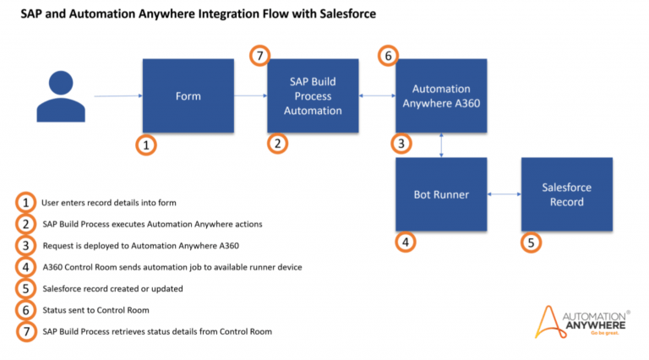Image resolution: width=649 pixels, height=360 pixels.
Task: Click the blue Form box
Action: coord(188,95)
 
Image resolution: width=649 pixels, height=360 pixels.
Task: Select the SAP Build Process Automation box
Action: coord(313,95)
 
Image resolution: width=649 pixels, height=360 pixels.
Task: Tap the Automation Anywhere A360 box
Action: coord(441,95)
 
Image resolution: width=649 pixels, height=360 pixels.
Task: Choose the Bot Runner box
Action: coord(441,194)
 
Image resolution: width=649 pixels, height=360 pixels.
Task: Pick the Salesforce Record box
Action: coord(567,194)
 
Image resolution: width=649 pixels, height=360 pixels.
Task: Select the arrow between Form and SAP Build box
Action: coord(250,95)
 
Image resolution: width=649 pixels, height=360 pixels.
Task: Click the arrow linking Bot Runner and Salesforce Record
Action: coord(504,194)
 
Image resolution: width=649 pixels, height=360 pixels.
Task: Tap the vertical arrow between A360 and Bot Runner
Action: coord(442,145)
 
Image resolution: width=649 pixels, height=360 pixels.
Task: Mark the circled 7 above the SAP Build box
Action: coord(260,56)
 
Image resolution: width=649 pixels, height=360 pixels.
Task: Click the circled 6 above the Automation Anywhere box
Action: coord(389,56)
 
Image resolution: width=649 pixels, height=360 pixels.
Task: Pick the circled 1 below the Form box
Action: coord(146,145)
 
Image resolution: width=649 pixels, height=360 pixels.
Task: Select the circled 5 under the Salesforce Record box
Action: coord(530,243)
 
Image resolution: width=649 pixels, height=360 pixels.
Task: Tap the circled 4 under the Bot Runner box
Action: coord(405,243)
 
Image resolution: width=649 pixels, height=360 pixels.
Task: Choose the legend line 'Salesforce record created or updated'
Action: coord(112,288)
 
